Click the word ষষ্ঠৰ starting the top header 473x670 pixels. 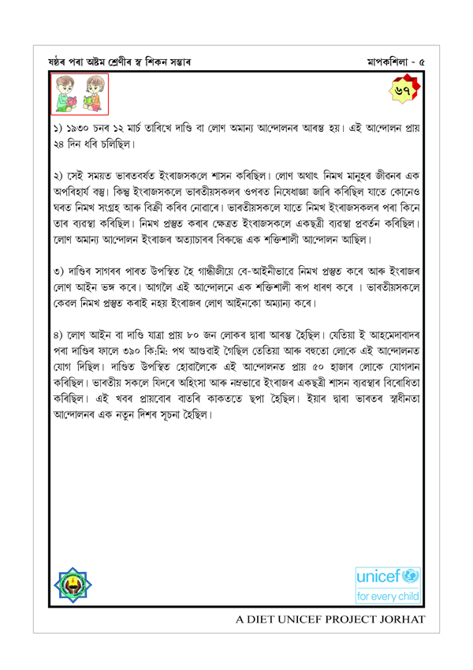point(61,62)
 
